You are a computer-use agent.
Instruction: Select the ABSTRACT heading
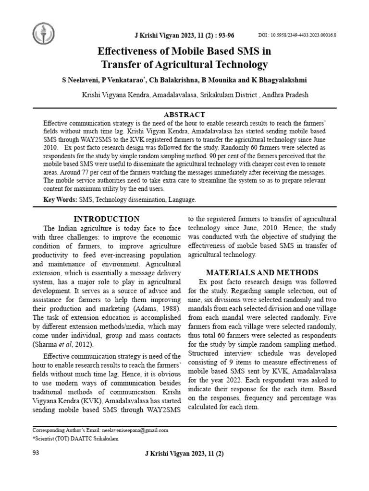pos(184,115)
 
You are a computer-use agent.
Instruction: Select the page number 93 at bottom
pos(37,453)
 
